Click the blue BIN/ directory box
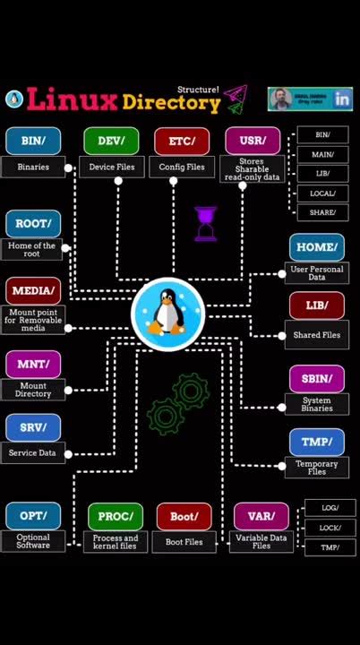(x=33, y=141)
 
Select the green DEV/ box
(x=111, y=141)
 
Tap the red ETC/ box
(x=182, y=141)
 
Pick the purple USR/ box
(x=253, y=141)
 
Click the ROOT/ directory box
(x=33, y=223)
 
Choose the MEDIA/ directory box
(x=33, y=290)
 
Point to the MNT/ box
(x=33, y=364)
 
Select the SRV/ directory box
(x=33, y=427)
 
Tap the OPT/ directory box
(x=33, y=516)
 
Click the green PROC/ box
(x=116, y=516)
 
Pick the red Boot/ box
(x=184, y=516)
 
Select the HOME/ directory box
(x=317, y=247)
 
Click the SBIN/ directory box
(x=317, y=378)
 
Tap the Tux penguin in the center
(x=168, y=313)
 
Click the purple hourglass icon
(x=206, y=224)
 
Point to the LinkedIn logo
(x=342, y=99)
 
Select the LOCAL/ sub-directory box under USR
(x=322, y=193)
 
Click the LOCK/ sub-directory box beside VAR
(x=330, y=528)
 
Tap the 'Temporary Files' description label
(x=317, y=468)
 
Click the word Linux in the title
(x=73, y=99)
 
